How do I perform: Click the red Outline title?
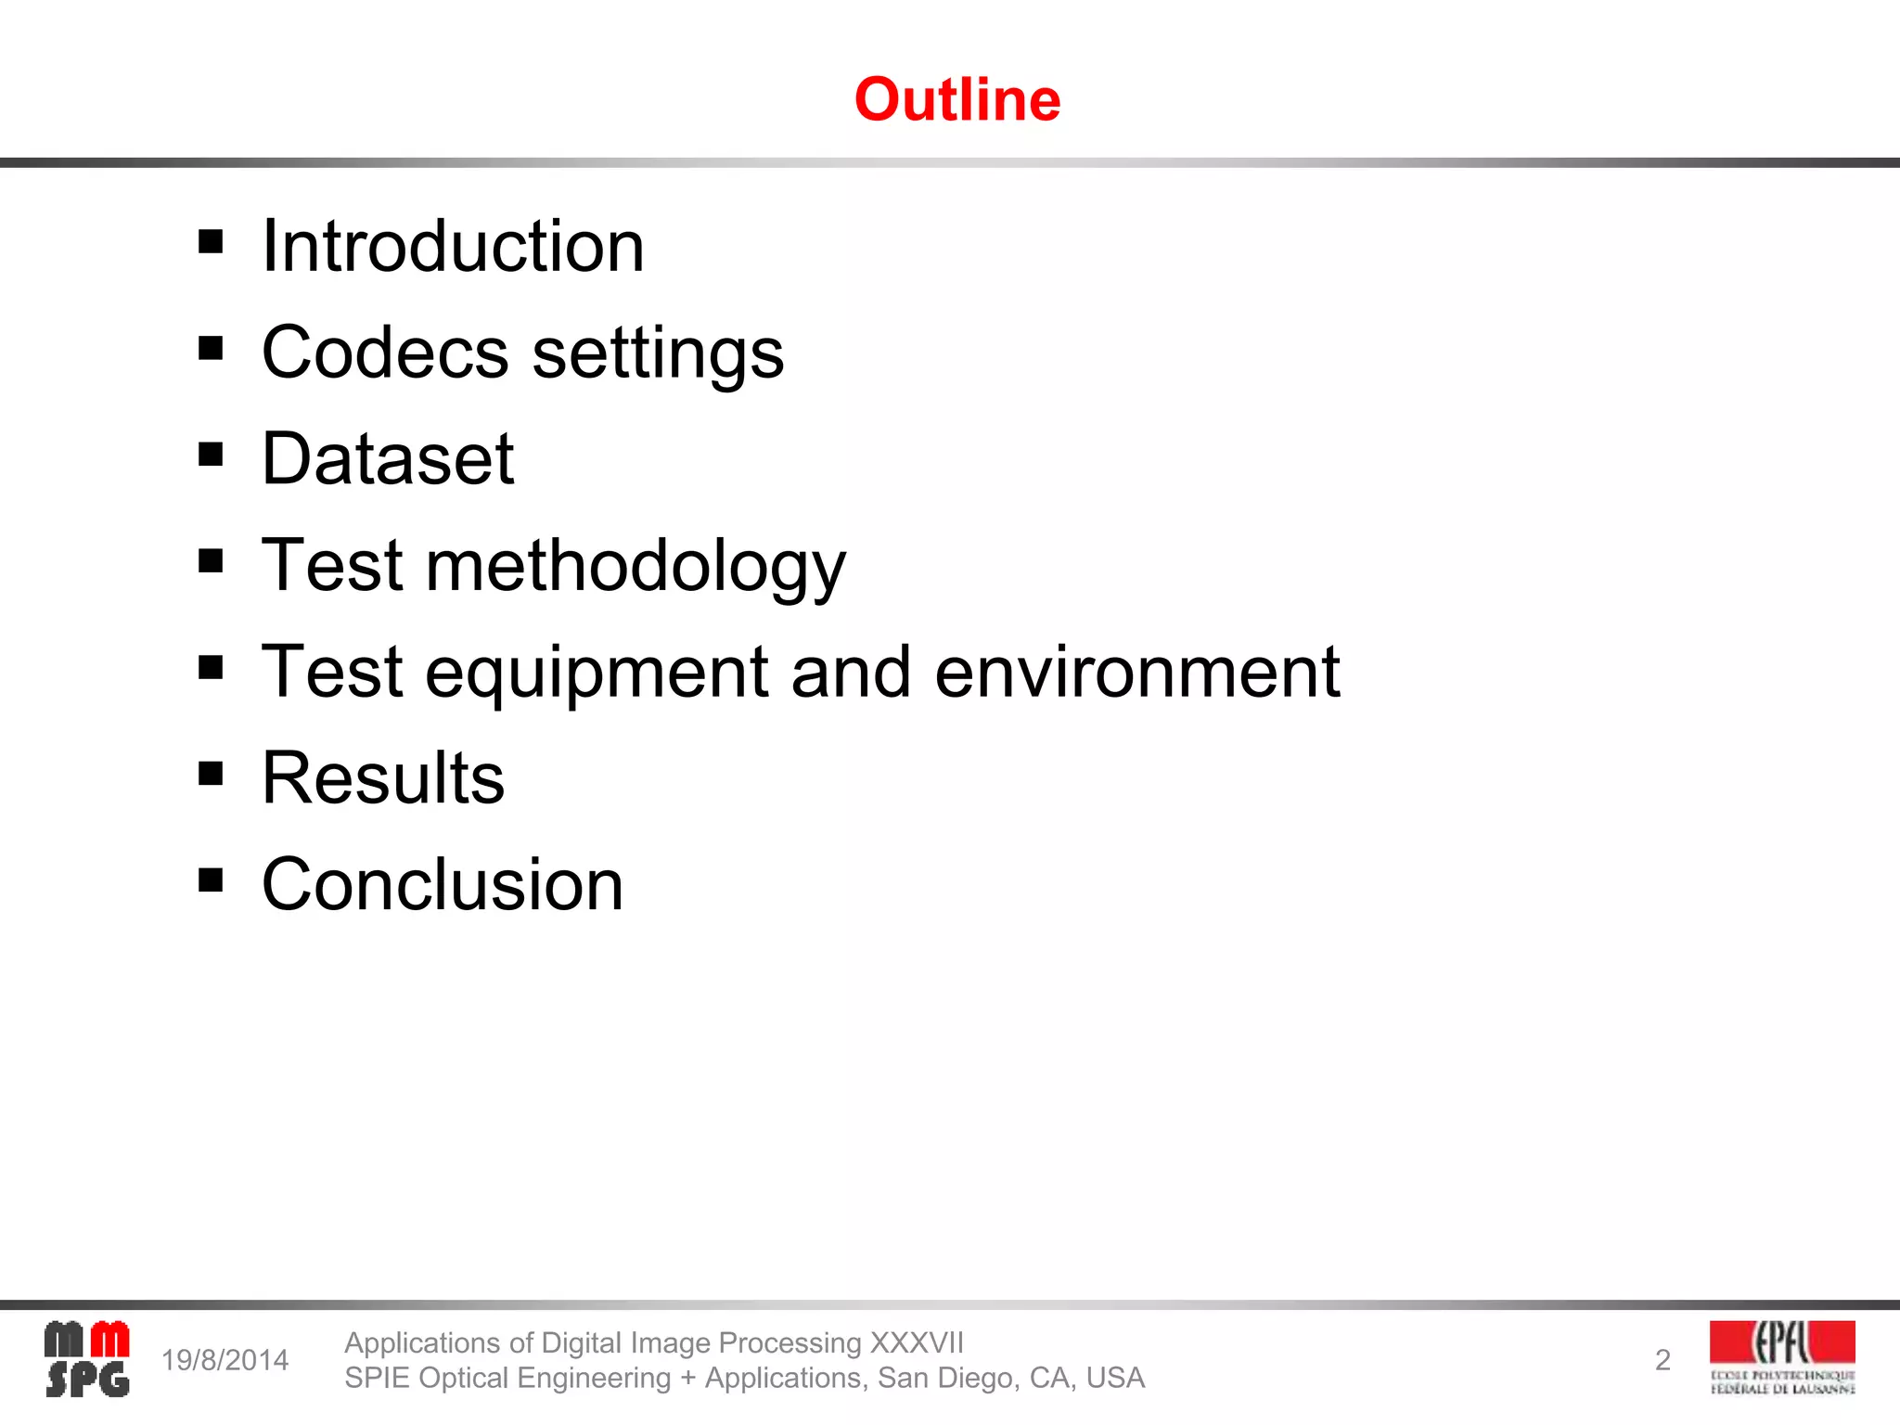click(956, 99)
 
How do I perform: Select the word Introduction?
click(453, 246)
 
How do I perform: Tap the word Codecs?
click(385, 353)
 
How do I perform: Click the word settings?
click(658, 354)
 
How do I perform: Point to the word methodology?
click(635, 566)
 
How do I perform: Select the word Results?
click(383, 777)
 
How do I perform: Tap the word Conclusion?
click(443, 884)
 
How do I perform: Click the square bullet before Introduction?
click(211, 242)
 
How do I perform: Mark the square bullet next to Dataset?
click(211, 455)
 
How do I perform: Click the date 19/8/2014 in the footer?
click(225, 1360)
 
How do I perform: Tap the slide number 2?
click(1662, 1360)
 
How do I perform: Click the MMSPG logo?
click(87, 1359)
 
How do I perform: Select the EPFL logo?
click(1782, 1357)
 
